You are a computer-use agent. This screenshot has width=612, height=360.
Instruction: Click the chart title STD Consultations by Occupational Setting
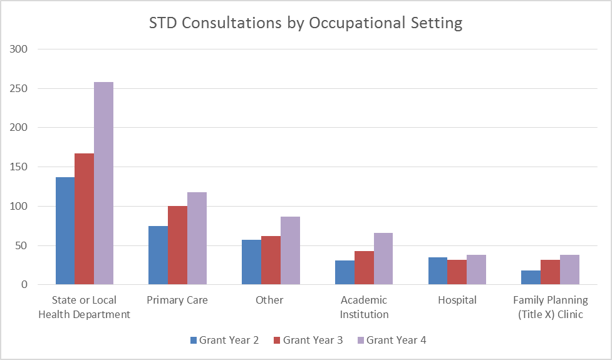[306, 24]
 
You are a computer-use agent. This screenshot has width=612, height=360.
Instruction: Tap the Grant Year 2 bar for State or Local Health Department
[65, 231]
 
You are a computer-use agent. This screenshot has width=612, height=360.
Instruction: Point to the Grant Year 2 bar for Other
[251, 262]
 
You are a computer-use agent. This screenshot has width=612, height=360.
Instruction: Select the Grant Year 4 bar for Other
[290, 250]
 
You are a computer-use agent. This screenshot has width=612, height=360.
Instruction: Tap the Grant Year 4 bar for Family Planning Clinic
[569, 270]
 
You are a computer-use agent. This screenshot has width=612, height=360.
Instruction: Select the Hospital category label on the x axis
[457, 300]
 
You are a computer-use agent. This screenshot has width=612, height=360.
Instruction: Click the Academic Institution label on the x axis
[364, 307]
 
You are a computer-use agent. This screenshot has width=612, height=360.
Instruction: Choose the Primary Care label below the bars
[177, 300]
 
